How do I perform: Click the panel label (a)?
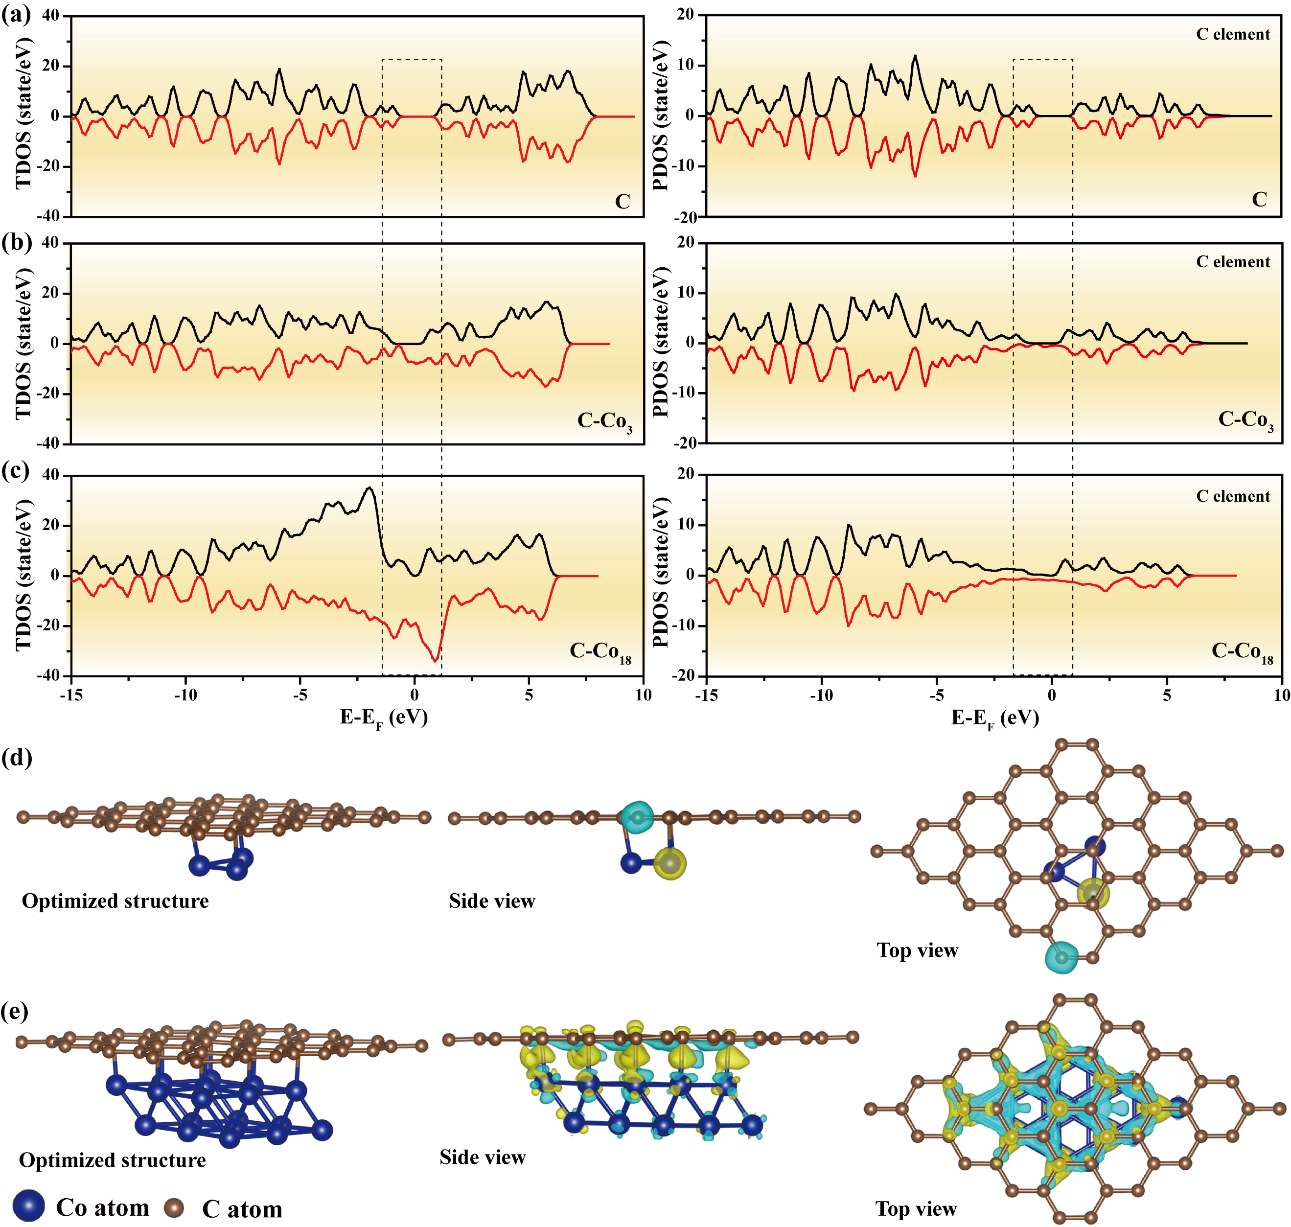point(16,14)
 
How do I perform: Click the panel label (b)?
point(16,243)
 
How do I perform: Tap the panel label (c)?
point(16,470)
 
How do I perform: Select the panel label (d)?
point(16,759)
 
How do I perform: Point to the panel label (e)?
point(16,1012)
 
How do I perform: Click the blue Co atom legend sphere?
point(29,1207)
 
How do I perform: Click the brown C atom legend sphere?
point(174,1207)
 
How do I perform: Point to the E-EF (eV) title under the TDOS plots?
point(383,718)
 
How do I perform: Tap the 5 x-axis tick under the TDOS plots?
point(529,695)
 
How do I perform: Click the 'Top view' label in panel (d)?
point(917,950)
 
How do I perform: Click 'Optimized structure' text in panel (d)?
point(115,901)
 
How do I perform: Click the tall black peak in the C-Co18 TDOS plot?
point(370,488)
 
